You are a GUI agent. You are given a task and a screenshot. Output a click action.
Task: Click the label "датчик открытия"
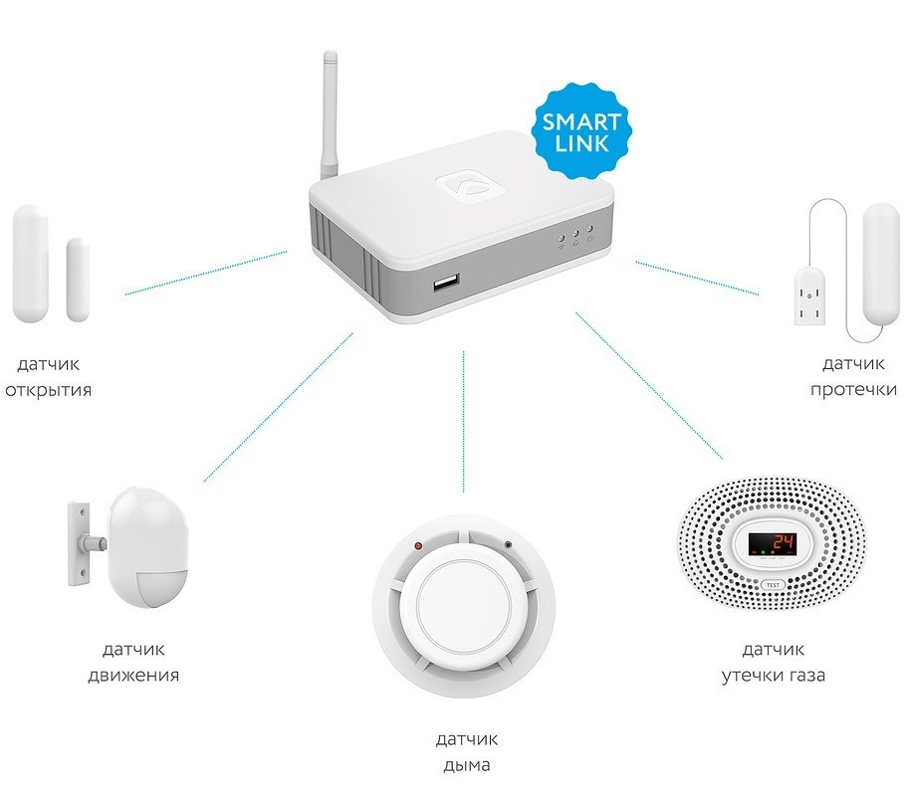(x=48, y=377)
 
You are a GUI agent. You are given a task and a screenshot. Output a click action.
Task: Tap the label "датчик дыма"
(x=466, y=753)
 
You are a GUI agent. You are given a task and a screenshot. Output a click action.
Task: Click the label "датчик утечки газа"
(x=774, y=663)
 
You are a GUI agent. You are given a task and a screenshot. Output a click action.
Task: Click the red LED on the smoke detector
(x=418, y=546)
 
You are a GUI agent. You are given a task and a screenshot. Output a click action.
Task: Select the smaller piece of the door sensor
(x=78, y=280)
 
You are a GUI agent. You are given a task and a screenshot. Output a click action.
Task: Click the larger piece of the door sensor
(x=29, y=264)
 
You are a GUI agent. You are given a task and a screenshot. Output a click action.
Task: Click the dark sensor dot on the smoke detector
(x=508, y=545)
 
